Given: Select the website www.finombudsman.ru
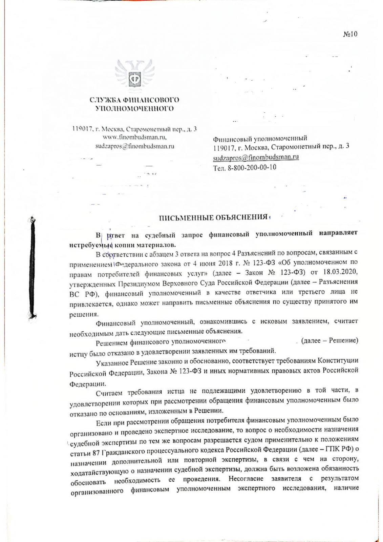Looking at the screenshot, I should click(x=134, y=138).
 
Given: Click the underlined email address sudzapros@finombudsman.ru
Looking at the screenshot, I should click(x=256, y=157).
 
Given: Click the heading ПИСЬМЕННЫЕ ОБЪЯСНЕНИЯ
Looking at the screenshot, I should click(x=214, y=217).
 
